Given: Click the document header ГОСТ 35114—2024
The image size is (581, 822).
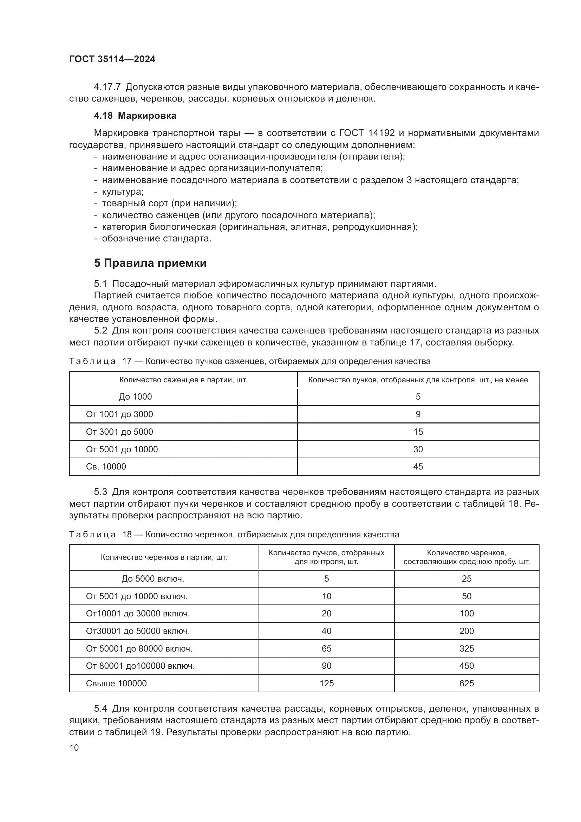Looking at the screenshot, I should pyautogui.click(x=112, y=59).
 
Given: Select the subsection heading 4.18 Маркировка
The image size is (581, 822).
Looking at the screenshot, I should pyautogui.click(x=135, y=116).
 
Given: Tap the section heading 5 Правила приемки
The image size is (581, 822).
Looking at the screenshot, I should pyautogui.click(x=150, y=263).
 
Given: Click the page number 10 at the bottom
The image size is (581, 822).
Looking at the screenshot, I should pyautogui.click(x=74, y=747).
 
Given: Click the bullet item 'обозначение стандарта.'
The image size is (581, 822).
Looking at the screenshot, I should pyautogui.click(x=157, y=238).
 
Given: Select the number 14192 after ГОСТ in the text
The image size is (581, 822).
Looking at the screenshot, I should pyautogui.click(x=381, y=133).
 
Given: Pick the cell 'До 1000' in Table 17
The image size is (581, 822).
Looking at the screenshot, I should pyautogui.click(x=135, y=397).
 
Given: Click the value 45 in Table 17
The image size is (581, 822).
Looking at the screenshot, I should pyautogui.click(x=418, y=466).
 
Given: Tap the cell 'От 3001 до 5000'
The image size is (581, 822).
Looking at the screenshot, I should pyautogui.click(x=119, y=432).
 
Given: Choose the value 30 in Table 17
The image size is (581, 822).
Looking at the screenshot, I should pyautogui.click(x=418, y=449).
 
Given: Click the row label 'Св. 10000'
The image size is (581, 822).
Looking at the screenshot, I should pyautogui.click(x=106, y=466).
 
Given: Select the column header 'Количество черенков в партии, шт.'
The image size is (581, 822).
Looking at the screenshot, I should pyautogui.click(x=164, y=557).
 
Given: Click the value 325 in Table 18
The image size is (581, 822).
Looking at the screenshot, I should pyautogui.click(x=466, y=649).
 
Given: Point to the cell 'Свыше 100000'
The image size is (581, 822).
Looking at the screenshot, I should pyautogui.click(x=116, y=684).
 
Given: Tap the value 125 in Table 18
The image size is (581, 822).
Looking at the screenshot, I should pyautogui.click(x=326, y=684).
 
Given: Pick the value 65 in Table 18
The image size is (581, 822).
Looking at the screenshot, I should pyautogui.click(x=326, y=649).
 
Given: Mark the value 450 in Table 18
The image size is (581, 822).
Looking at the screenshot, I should pyautogui.click(x=466, y=666).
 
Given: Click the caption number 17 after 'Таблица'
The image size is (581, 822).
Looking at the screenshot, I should pyautogui.click(x=127, y=361).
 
